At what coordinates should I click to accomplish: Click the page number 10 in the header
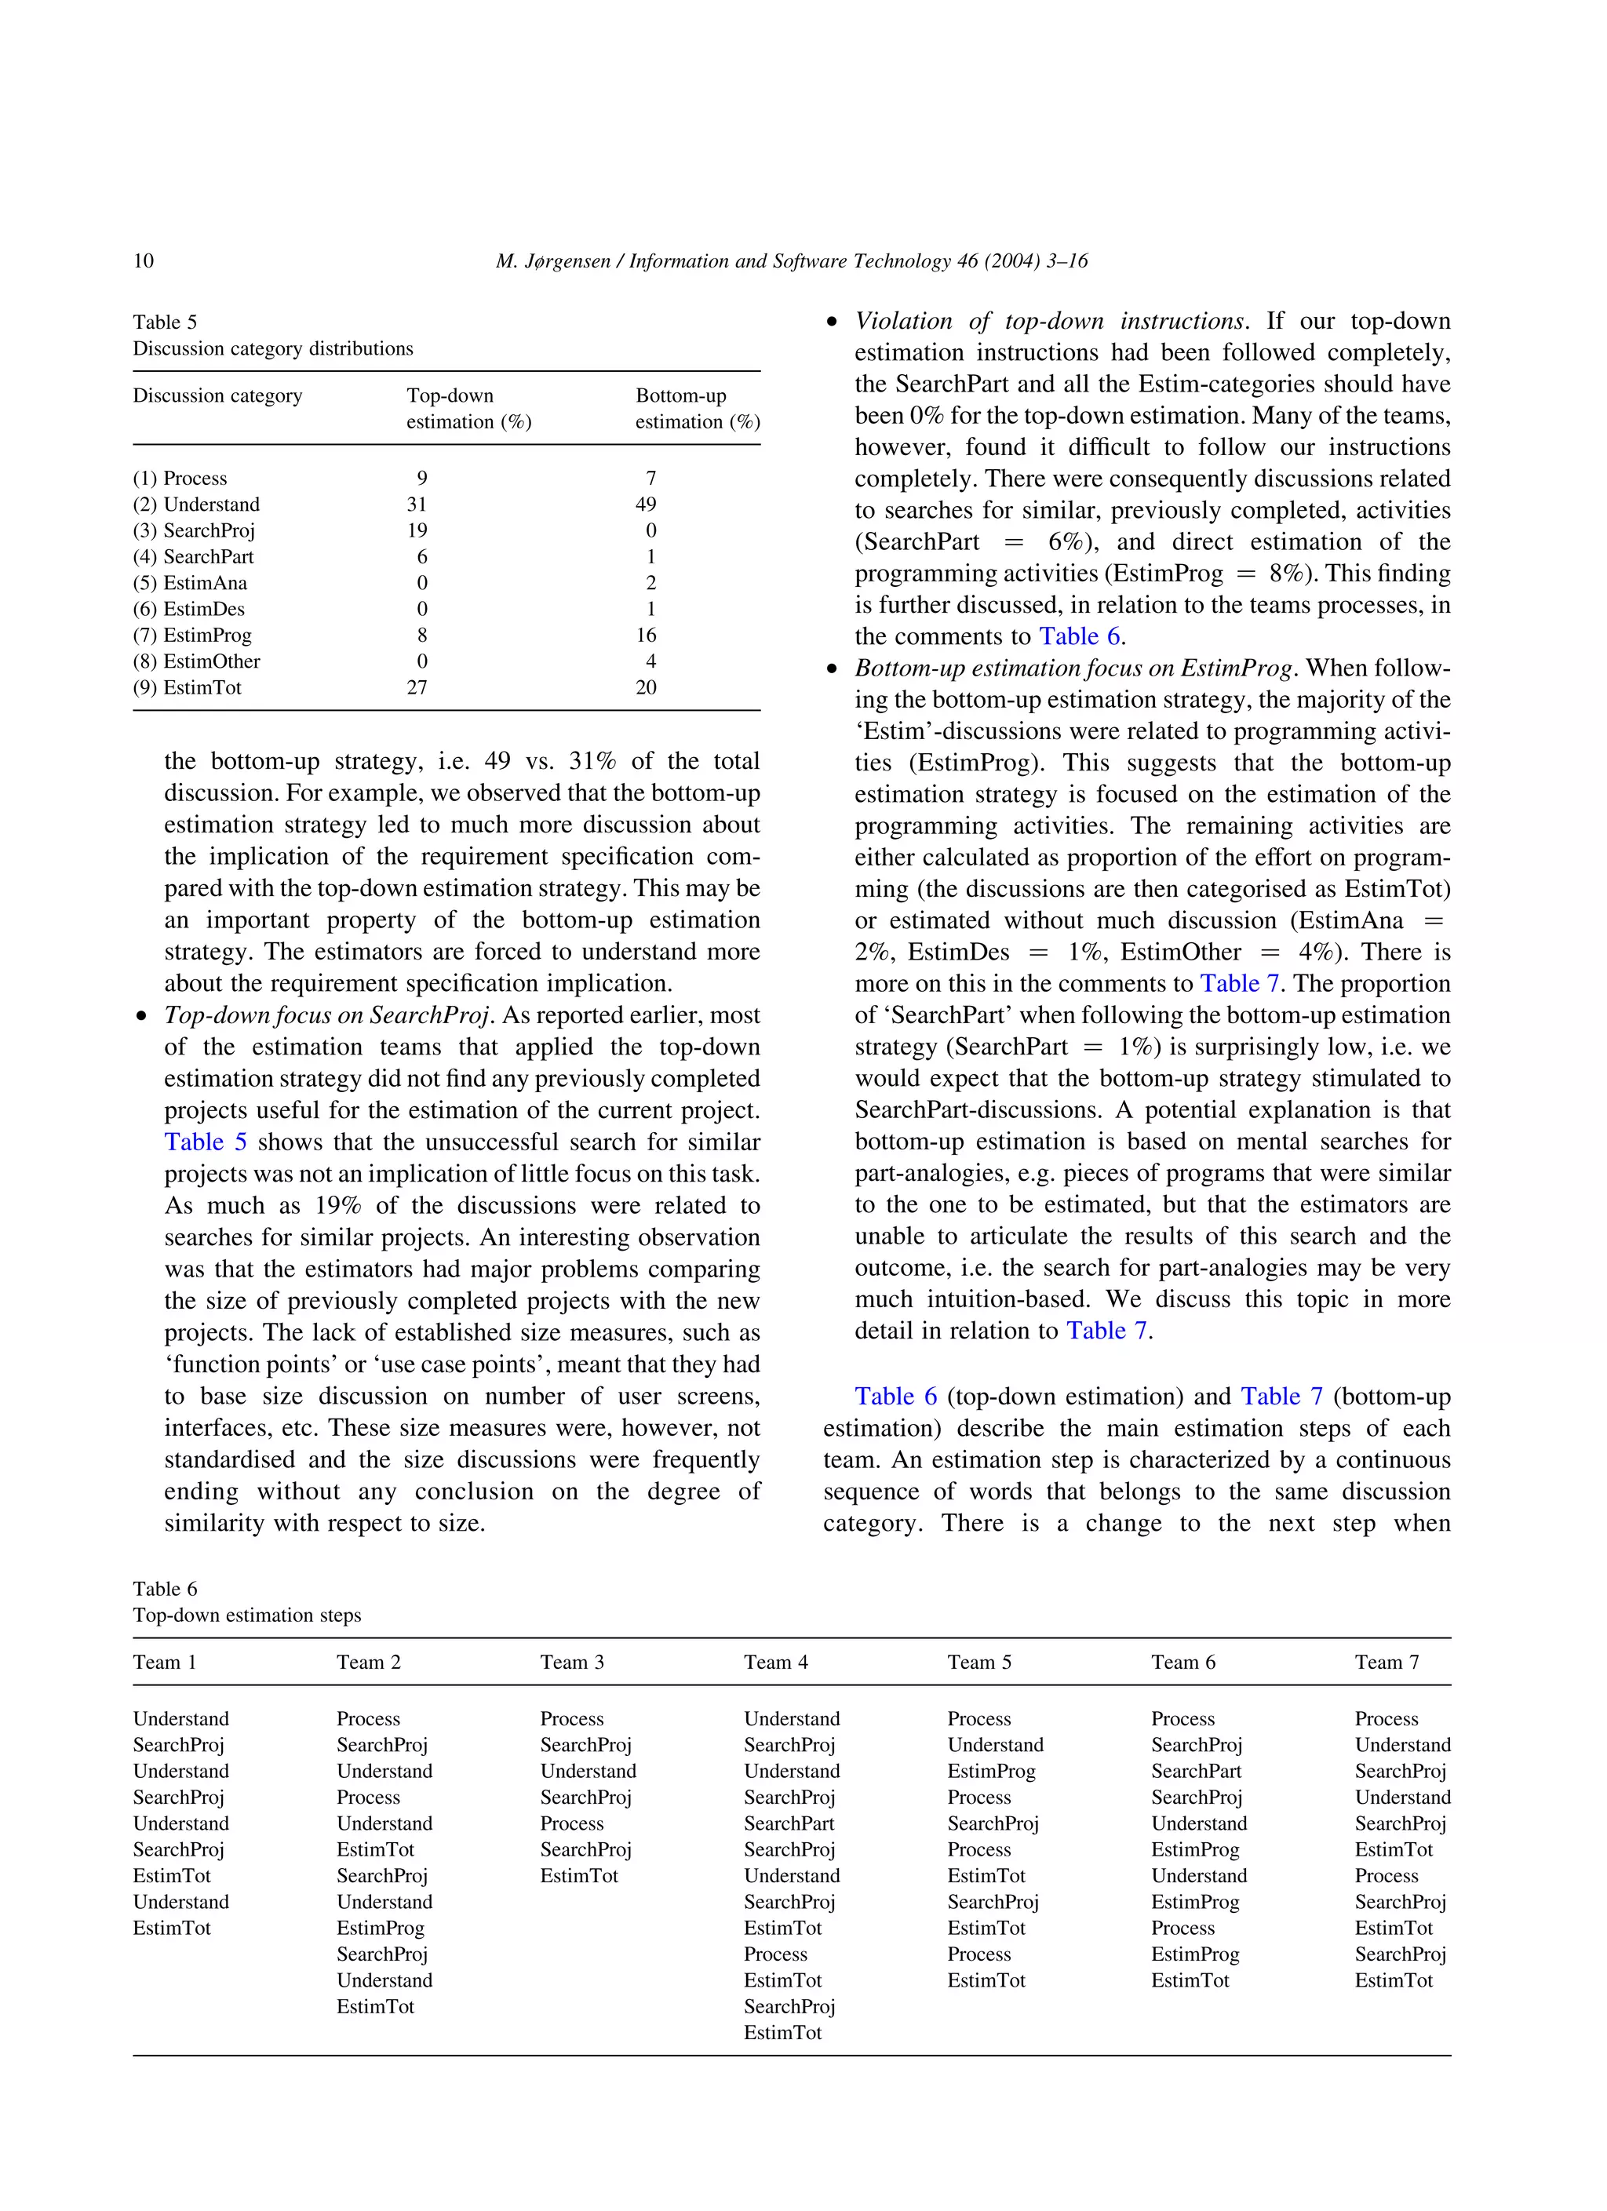[144, 260]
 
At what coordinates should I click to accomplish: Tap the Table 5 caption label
[165, 322]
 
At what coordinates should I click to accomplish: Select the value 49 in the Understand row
[646, 504]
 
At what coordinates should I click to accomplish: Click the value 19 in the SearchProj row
[417, 530]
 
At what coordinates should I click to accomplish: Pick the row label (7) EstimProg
[192, 635]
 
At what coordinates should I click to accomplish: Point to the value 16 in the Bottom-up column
[646, 635]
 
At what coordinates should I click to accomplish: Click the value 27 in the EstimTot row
[417, 687]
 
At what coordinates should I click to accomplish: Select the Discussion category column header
[217, 395]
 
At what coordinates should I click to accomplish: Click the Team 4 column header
[775, 1662]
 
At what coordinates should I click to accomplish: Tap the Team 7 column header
[1386, 1662]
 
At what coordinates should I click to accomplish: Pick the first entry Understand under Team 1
[180, 1719]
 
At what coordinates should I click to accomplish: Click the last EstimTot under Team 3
[579, 1876]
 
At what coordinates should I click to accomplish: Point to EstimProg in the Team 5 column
[991, 1772]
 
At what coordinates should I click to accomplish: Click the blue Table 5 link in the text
[205, 1142]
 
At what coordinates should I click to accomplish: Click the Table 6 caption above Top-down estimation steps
[165, 1588]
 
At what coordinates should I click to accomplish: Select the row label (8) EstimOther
[196, 661]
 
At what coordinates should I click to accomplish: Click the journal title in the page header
[791, 260]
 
